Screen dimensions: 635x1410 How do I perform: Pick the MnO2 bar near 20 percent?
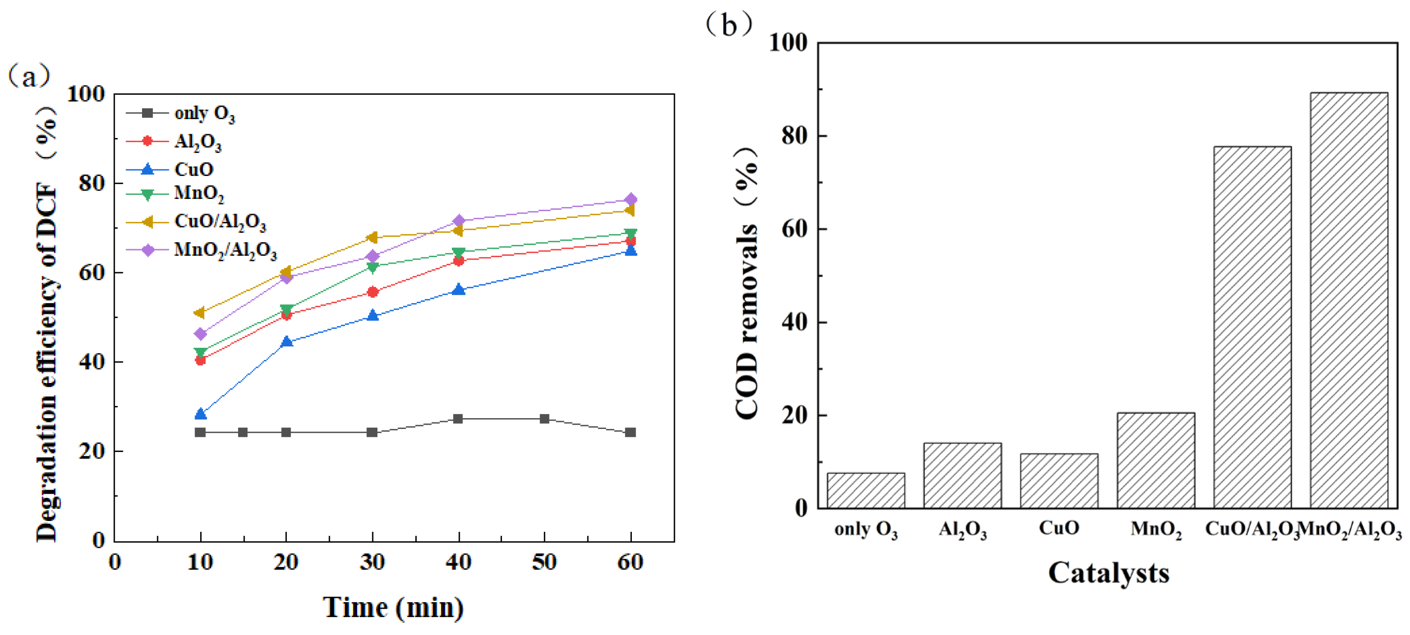tap(1155, 460)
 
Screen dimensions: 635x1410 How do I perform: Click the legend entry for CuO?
tap(193, 169)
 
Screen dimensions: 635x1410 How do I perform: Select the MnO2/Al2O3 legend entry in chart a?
tap(225, 250)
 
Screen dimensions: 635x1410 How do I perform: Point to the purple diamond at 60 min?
tap(630, 199)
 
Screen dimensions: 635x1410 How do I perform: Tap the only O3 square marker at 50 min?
tap(544, 419)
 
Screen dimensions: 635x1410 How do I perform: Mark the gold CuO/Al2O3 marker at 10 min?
tap(200, 313)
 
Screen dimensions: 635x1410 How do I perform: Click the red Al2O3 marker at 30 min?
tap(373, 292)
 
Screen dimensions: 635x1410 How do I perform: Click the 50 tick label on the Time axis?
tap(544, 562)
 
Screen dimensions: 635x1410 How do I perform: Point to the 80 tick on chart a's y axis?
tap(91, 183)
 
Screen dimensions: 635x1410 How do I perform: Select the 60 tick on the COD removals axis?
tap(795, 229)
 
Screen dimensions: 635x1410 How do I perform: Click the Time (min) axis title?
tap(393, 607)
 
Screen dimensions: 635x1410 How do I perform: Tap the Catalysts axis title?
tap(1109, 573)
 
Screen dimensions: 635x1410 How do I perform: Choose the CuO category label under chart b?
tap(1058, 528)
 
